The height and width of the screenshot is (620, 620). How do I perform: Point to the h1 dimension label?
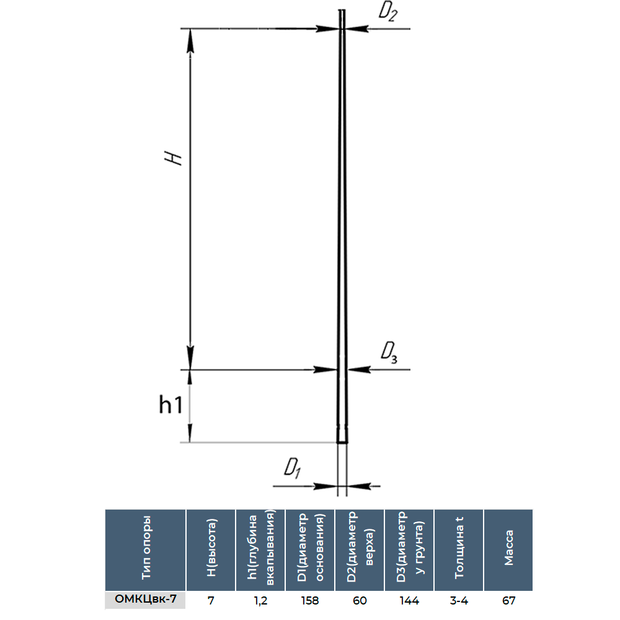[x=170, y=405]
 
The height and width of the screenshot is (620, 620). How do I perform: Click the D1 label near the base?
[x=291, y=469]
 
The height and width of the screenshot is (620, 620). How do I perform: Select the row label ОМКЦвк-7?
[x=146, y=600]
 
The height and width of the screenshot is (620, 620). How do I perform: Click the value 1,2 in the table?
[x=260, y=600]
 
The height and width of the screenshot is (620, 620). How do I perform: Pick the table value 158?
[x=310, y=600]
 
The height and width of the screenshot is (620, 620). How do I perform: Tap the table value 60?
[x=360, y=600]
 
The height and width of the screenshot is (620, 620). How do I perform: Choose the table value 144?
[x=409, y=600]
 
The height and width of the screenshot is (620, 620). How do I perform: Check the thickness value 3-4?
[x=459, y=600]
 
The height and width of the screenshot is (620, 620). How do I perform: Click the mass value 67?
[x=508, y=600]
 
